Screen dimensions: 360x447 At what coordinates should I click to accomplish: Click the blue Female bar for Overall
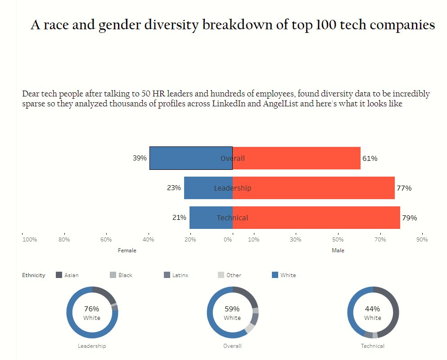191,158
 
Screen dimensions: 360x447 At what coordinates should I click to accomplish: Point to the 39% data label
140,158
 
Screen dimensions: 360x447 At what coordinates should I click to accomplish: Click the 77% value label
404,188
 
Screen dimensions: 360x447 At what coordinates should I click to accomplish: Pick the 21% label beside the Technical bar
179,218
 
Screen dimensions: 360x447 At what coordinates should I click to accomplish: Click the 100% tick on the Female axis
30,239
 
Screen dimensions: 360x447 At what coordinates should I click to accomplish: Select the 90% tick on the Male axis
422,239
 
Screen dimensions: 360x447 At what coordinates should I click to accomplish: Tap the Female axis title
127,251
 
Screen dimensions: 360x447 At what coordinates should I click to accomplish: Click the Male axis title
338,251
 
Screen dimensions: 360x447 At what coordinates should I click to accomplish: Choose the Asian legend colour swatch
59,275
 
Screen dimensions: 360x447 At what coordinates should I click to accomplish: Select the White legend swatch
275,275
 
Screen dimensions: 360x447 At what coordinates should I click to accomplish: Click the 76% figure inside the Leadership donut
92,309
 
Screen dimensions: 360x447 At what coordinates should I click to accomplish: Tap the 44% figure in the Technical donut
373,309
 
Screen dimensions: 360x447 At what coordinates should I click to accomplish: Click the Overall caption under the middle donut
232,346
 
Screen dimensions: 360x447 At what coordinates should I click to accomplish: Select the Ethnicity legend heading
34,275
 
